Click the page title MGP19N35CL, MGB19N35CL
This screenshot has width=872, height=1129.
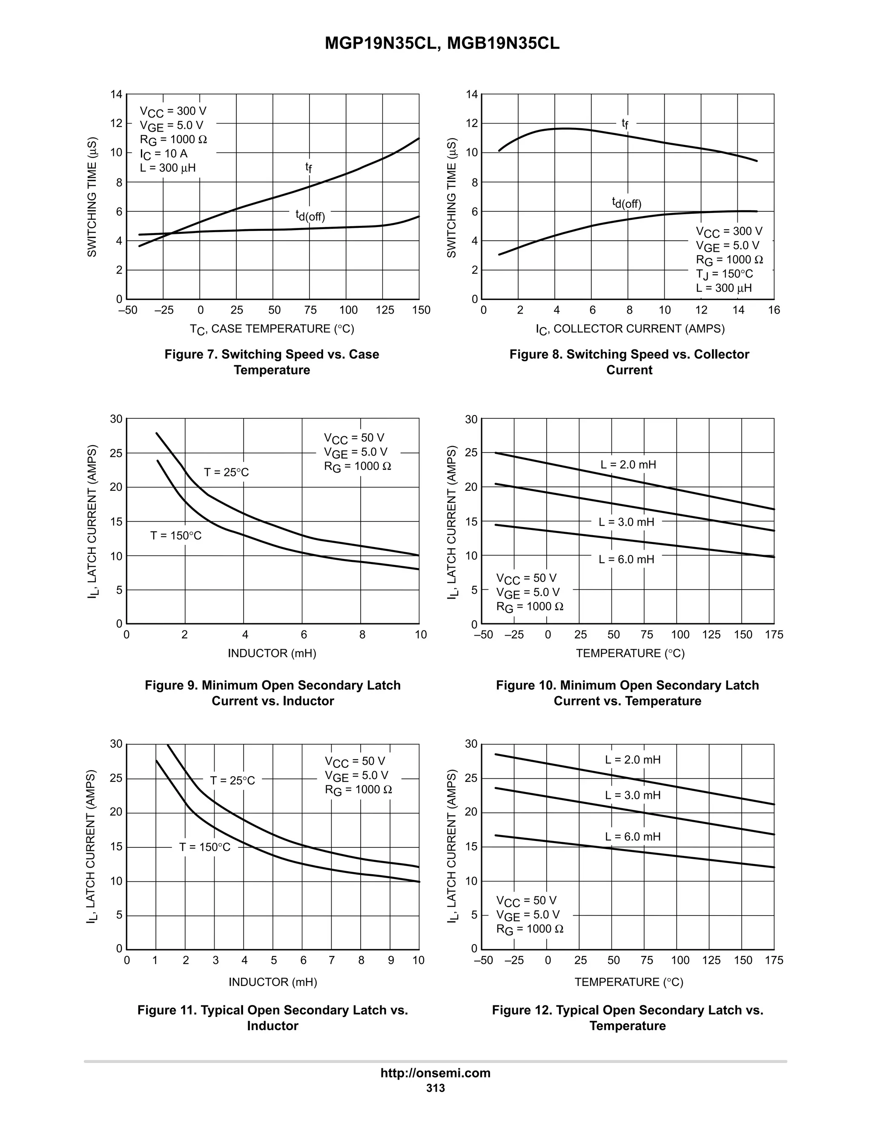point(442,43)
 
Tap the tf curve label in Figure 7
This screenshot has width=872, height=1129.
point(308,167)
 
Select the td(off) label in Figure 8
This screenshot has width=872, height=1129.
point(627,203)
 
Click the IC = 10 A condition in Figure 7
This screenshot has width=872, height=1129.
point(163,153)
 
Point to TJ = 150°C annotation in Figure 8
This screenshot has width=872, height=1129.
point(724,274)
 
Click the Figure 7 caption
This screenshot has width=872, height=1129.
point(272,362)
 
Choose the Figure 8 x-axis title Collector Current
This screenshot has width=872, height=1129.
point(630,329)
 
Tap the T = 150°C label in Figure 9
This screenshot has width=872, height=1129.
point(176,536)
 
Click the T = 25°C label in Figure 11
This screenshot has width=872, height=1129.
point(232,781)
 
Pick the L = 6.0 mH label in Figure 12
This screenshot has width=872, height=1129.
point(632,836)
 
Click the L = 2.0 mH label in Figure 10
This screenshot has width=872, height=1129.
point(628,464)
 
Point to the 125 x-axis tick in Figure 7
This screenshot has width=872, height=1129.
point(385,310)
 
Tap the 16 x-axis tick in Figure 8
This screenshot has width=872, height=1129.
point(774,310)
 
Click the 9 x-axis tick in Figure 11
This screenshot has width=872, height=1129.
point(390,960)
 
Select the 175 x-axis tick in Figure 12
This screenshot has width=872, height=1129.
point(774,960)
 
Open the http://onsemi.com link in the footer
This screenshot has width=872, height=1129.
point(436,1073)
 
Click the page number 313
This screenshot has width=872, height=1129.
point(436,1088)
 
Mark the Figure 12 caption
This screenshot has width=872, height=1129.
point(627,1018)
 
